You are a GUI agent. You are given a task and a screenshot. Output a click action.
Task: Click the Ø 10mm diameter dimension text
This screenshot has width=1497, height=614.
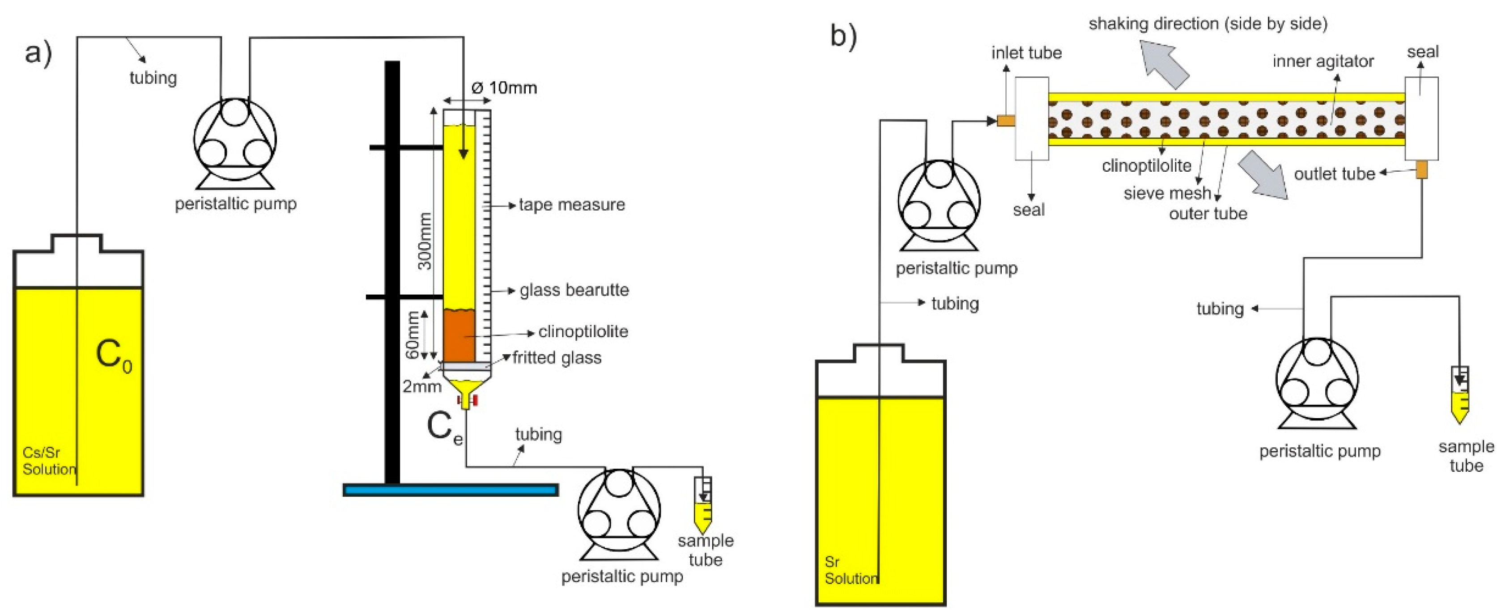pos(504,88)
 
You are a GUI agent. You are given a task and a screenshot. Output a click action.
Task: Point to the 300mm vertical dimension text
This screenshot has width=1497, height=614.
pos(425,241)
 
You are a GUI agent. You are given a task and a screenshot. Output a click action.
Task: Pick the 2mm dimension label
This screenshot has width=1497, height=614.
pos(422,386)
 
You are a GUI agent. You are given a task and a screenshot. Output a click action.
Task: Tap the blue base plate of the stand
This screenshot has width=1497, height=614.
pos(451,490)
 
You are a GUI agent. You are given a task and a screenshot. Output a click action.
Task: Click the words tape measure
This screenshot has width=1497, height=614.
pos(572,204)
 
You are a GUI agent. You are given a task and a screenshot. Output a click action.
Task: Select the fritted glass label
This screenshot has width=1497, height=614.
pos(557,358)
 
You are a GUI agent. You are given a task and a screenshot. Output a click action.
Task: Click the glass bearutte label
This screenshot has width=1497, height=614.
pos(574,290)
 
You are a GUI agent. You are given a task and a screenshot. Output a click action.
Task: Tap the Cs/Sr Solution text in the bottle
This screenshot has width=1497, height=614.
pos(49,461)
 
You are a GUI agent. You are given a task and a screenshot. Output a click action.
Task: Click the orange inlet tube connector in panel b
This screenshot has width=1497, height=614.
pos(1006,121)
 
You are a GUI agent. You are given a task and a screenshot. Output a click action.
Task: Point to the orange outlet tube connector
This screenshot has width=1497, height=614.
pos(1421,169)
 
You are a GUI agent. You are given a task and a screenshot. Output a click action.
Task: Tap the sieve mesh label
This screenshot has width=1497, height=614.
pos(1167,193)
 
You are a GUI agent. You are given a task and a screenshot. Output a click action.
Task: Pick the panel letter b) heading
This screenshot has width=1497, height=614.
pos(843,37)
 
